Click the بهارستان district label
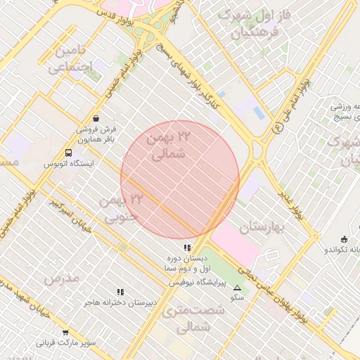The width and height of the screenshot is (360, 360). coord(264,227)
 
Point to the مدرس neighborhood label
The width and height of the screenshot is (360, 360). coord(60,278)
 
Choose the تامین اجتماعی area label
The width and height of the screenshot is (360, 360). coord(75,60)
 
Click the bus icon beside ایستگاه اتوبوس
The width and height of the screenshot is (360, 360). coord(69,153)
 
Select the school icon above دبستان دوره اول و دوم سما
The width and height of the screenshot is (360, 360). coord(186,247)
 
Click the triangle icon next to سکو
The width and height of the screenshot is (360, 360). coord(237,288)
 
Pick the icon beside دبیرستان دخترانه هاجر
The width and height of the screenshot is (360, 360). coord(120,292)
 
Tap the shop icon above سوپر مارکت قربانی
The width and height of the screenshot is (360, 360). coord(65,332)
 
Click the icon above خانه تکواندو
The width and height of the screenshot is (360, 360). coord(343,239)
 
